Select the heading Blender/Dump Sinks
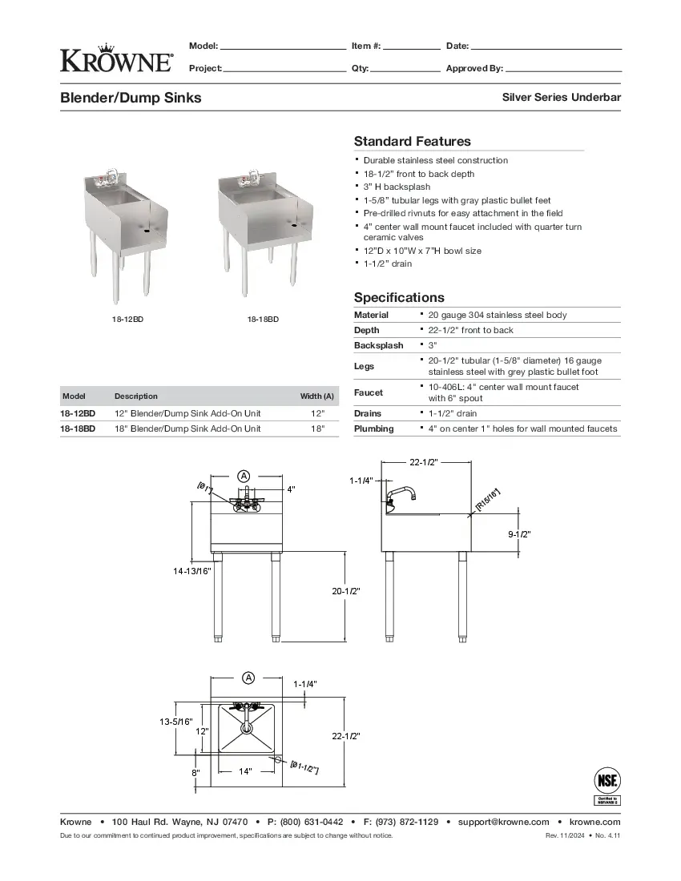click(131, 98)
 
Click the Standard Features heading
click(413, 142)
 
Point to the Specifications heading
click(399, 297)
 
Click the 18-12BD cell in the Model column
click(78, 413)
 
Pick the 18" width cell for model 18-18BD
click(317, 428)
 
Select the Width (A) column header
click(317, 396)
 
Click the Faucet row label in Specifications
click(369, 392)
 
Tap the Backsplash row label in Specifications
click(379, 345)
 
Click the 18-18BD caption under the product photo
click(263, 320)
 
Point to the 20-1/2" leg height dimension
click(346, 591)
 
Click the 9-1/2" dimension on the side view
click(520, 533)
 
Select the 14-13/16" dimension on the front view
click(191, 571)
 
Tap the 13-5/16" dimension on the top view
click(175, 722)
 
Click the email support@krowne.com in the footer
click(504, 822)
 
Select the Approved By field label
click(474, 69)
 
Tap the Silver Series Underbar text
click(562, 98)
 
